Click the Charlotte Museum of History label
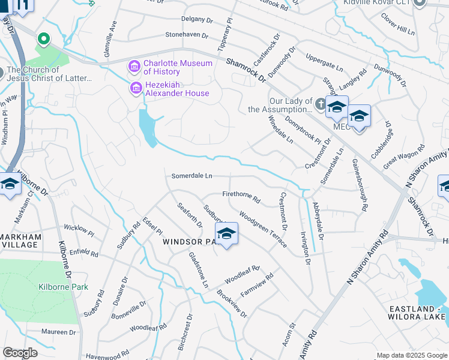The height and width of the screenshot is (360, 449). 178,69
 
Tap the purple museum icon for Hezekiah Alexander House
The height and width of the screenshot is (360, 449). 136,89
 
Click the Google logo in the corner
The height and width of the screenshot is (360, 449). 20,353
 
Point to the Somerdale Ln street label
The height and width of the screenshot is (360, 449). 192,176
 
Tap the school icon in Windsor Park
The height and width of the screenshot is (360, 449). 226,233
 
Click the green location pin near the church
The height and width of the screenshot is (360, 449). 43,39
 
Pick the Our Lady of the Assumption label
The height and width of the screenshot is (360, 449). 282,106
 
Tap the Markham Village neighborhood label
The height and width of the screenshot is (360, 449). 21,241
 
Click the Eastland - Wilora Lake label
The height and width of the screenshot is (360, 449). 416,313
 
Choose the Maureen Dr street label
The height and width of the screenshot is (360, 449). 59,332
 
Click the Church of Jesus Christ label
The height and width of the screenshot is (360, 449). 49,74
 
